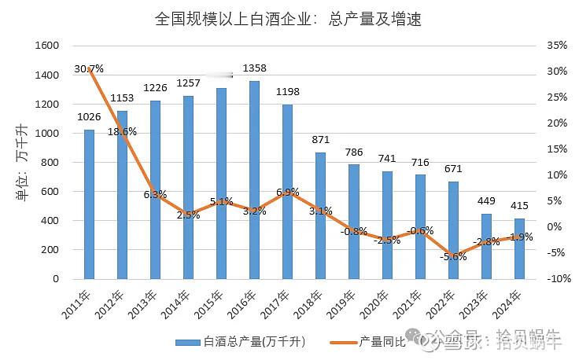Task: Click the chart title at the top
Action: click(289, 19)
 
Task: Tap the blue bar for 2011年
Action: click(89, 204)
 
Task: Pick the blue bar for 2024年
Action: click(519, 248)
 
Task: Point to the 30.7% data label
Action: click(89, 68)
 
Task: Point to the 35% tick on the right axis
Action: click(556, 46)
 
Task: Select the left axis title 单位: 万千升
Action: click(21, 163)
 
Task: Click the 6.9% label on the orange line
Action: click(287, 192)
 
